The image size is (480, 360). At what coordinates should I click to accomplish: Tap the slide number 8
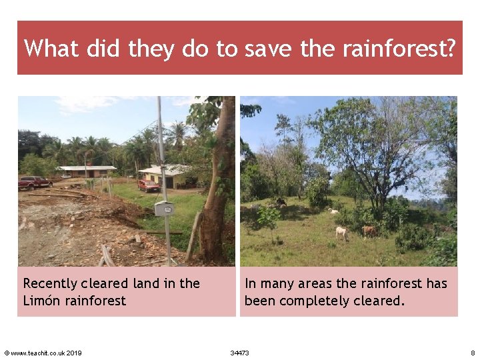click(472, 353)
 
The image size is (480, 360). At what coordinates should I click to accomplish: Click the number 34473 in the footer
click(239, 353)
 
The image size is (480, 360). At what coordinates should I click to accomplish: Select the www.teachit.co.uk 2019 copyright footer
click(43, 353)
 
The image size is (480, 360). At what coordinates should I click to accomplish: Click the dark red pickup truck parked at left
click(35, 182)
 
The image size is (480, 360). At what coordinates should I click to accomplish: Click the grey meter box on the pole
click(163, 208)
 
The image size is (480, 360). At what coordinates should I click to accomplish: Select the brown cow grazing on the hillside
click(369, 231)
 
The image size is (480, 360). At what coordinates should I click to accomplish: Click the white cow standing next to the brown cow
click(342, 233)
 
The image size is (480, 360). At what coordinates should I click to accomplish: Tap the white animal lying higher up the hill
click(333, 211)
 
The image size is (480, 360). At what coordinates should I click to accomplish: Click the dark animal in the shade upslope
click(281, 202)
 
